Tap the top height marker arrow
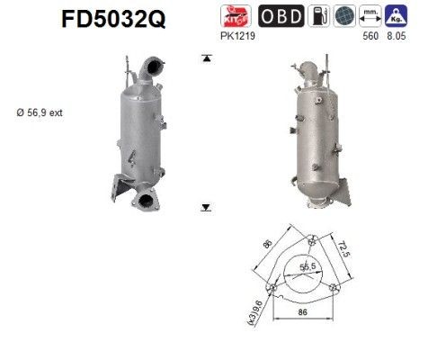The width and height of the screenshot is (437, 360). (206, 58)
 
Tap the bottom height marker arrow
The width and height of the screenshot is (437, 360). (206, 207)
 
